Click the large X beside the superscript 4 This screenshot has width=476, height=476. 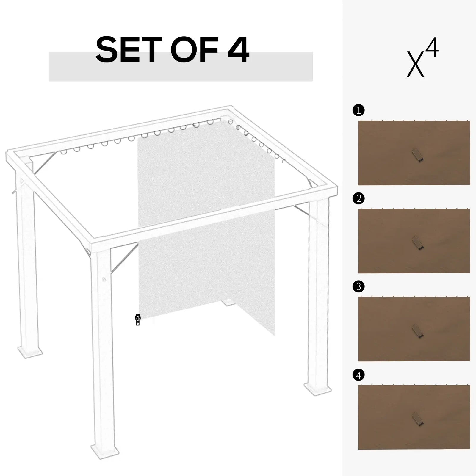[x=415, y=64]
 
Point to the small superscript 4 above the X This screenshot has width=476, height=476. [x=432, y=48]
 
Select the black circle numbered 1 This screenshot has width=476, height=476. [x=358, y=110]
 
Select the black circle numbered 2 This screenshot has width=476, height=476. [x=358, y=198]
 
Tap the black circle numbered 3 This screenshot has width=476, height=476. [x=358, y=286]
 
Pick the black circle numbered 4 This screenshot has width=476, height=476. [x=358, y=375]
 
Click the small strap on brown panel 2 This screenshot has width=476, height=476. [x=417, y=243]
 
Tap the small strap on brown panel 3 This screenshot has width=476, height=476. [x=417, y=331]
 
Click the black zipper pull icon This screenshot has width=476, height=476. [x=137, y=320]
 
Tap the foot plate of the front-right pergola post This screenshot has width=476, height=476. [x=317, y=388]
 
